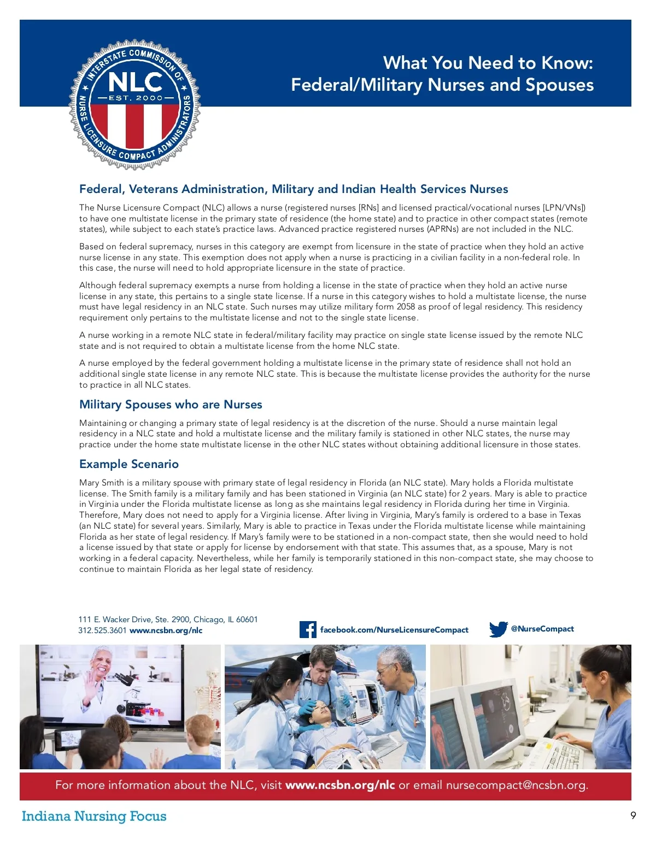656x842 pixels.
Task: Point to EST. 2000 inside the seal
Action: click(x=135, y=98)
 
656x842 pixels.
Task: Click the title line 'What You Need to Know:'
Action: click(x=488, y=63)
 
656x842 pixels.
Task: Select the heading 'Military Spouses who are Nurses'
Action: click(x=171, y=405)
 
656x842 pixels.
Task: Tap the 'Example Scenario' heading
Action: click(x=129, y=464)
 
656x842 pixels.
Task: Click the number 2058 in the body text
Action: click(x=406, y=307)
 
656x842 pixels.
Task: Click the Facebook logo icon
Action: click(x=308, y=630)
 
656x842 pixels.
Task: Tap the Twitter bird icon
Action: click(x=498, y=629)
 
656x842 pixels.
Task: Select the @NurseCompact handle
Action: click(x=542, y=629)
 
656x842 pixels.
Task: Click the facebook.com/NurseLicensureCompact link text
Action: click(x=394, y=630)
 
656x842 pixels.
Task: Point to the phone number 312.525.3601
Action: click(x=102, y=630)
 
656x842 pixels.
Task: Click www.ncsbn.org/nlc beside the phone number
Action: click(x=166, y=630)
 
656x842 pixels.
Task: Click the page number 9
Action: click(x=633, y=816)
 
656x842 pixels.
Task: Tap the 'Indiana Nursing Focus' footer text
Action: click(x=94, y=816)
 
